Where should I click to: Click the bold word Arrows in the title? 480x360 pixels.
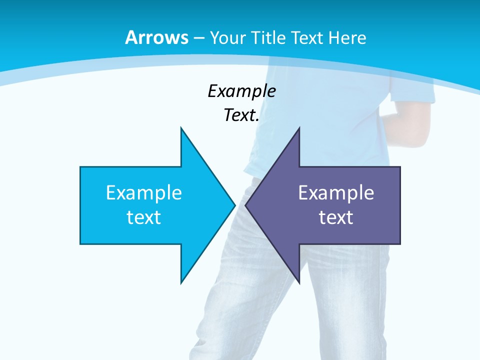click(156, 37)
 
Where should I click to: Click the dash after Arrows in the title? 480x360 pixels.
click(199, 38)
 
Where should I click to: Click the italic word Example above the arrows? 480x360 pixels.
click(241, 91)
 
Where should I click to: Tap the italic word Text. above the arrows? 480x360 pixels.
click(241, 115)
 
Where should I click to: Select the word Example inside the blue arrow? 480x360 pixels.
click(144, 193)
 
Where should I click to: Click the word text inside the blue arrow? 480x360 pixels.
click(144, 217)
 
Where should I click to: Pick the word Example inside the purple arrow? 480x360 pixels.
click(336, 193)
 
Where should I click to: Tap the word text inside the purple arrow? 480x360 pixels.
click(336, 217)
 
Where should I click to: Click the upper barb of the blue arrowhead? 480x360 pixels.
click(182, 131)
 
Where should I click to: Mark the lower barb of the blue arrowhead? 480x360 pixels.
click(182, 280)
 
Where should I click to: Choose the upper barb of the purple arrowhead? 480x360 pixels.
click(298, 131)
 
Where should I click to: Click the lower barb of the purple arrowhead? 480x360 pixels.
click(298, 280)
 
